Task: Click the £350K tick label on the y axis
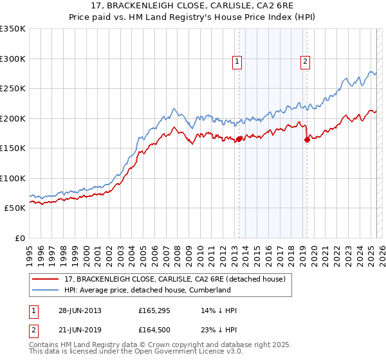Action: point(13,29)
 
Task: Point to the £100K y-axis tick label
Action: point(13,178)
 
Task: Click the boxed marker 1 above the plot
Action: point(237,62)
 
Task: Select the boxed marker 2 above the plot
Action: point(304,62)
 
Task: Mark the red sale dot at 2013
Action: point(239,139)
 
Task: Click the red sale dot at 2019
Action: point(307,140)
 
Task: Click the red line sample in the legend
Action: point(47,278)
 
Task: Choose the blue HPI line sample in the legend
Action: point(47,290)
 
